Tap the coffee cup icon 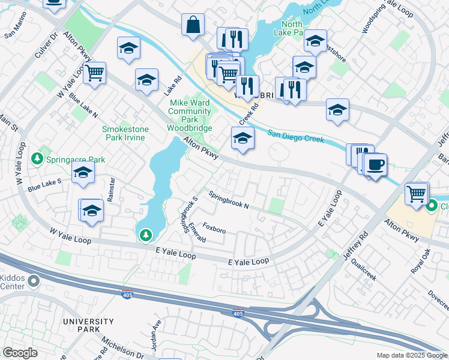[375, 164]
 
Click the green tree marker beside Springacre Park [37, 158]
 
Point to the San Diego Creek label [295, 137]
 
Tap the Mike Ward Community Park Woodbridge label [189, 115]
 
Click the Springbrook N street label [229, 200]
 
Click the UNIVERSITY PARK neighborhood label [88, 325]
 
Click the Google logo [20, 353]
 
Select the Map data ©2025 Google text [411, 355]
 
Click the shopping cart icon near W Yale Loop [94, 73]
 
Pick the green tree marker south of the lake [145, 236]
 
